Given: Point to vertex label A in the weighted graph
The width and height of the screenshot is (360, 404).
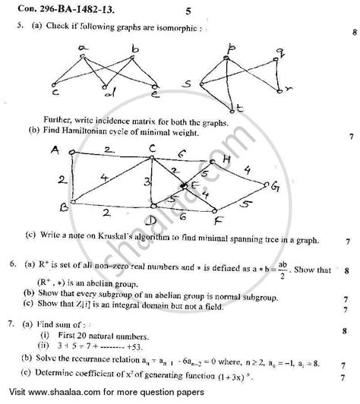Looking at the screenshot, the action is point(55,150).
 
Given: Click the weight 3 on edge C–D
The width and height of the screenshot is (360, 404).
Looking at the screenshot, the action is point(147,181).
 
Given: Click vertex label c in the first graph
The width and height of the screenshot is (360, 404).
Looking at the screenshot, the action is point(55,97).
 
